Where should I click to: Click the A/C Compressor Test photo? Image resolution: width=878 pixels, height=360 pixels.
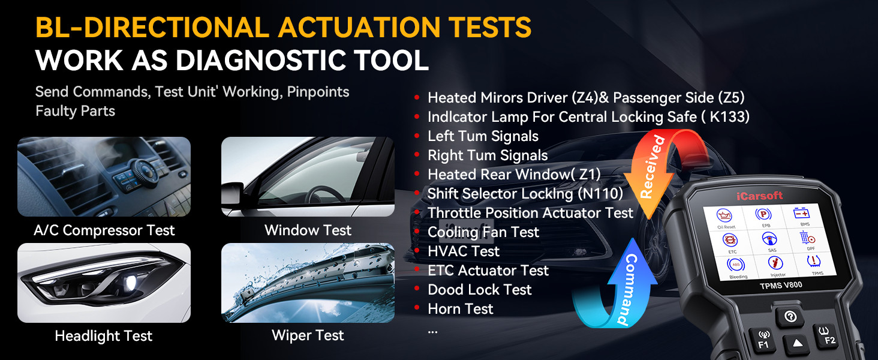[104, 176]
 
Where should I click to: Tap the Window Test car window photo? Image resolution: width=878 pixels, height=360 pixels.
[308, 176]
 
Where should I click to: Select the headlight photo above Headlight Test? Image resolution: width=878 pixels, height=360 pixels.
[104, 283]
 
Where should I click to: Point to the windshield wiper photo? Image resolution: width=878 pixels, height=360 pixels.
[308, 283]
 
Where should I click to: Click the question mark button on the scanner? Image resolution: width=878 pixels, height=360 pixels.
[789, 317]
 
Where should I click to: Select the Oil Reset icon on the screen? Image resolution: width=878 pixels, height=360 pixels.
[726, 218]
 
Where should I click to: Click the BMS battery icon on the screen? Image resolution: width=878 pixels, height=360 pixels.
[803, 215]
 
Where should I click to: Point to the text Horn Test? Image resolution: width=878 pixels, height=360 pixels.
[460, 309]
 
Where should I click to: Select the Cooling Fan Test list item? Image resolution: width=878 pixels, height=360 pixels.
[483, 232]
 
